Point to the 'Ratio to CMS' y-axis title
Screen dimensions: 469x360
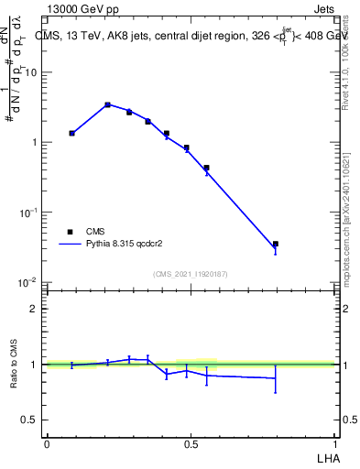(14, 364)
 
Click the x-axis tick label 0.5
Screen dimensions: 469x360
(191, 442)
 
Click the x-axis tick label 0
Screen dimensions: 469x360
(47, 442)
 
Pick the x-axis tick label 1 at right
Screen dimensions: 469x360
(334, 442)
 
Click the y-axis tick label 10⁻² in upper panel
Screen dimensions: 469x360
(29, 281)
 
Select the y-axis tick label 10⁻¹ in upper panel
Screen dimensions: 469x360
(29, 212)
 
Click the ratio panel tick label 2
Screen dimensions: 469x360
(35, 309)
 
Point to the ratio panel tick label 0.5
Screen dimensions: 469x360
(31, 420)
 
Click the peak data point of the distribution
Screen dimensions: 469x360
(108, 104)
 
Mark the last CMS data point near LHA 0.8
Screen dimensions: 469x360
(276, 244)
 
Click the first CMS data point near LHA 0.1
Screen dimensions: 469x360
(72, 133)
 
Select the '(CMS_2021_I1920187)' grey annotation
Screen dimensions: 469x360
(191, 274)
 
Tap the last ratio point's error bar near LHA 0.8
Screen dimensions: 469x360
(276, 377)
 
